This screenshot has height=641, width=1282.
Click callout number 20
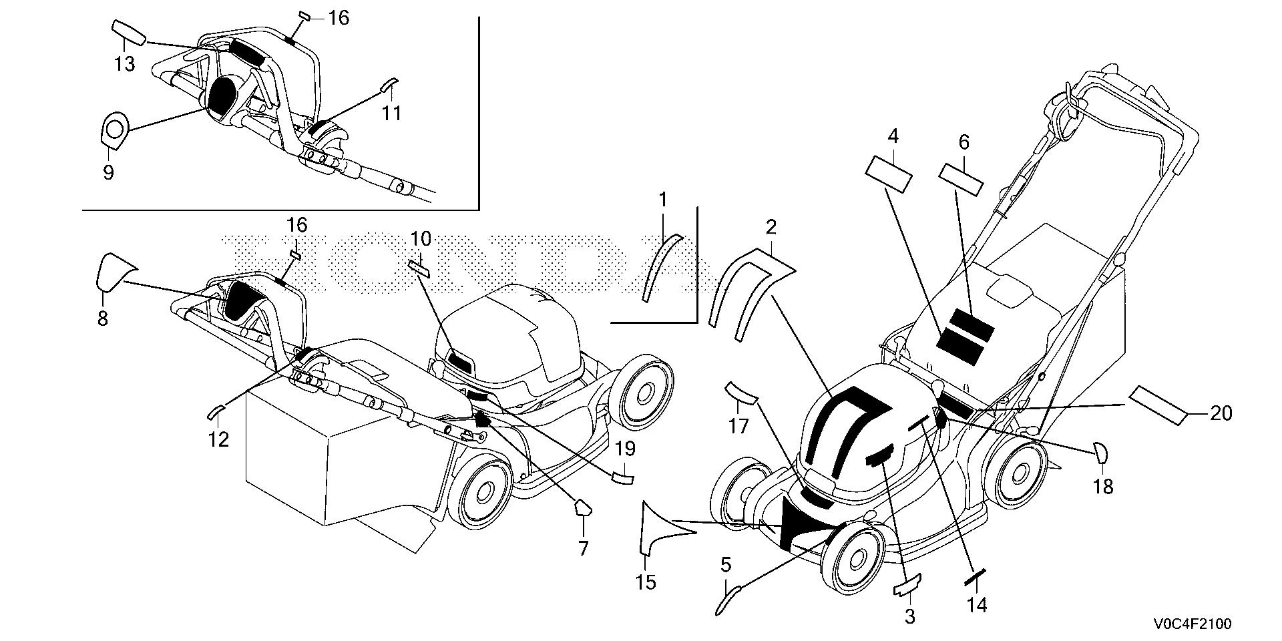click(x=1221, y=414)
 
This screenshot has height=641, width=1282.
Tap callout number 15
click(x=646, y=582)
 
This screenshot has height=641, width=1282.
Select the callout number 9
click(x=108, y=173)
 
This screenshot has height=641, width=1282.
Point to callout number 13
click(x=124, y=64)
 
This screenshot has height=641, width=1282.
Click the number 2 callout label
click(x=771, y=227)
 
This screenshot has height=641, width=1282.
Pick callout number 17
click(x=738, y=425)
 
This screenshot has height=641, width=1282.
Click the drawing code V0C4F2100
click(x=1195, y=624)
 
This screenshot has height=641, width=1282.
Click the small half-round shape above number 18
click(x=1099, y=452)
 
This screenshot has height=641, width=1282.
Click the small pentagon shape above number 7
click(x=582, y=508)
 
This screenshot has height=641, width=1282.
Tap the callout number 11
click(x=391, y=113)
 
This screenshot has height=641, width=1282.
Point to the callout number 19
click(x=624, y=449)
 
